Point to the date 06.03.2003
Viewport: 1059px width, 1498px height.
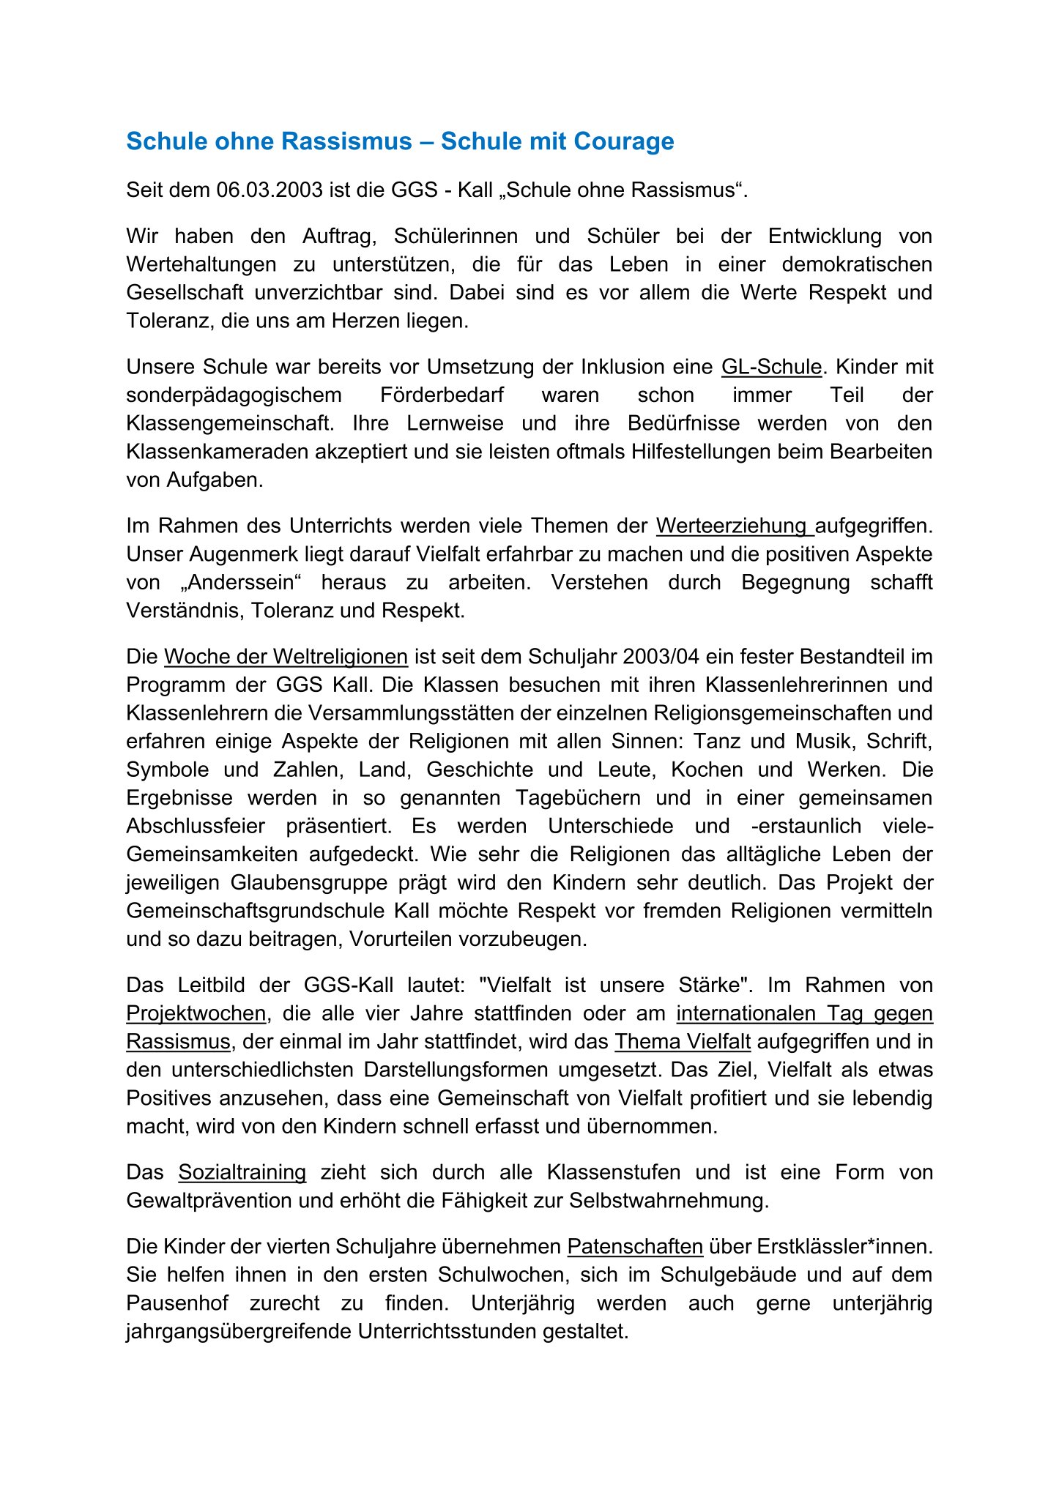tap(270, 190)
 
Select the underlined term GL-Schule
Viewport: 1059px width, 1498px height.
tap(771, 367)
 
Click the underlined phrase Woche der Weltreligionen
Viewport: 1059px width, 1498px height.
tap(286, 657)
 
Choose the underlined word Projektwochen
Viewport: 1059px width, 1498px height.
tap(196, 1013)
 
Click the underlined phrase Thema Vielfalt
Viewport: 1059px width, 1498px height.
tap(672, 1041)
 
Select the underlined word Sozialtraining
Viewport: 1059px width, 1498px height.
tap(242, 1172)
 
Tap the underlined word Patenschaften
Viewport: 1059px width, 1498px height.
tap(635, 1246)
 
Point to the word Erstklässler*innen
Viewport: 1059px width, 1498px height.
tap(844, 1246)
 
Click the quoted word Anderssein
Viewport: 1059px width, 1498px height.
tap(242, 583)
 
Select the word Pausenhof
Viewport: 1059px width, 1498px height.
tap(176, 1303)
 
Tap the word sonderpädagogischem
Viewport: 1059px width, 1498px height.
tap(234, 395)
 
